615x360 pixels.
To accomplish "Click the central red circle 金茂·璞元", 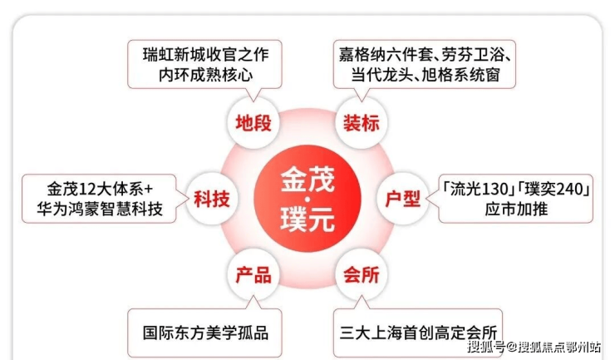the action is pos(307,199).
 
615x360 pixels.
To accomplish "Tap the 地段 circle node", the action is pos(253,123).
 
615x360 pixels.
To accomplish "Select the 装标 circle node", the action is pos(362,123).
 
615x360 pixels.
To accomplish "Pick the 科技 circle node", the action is pos(211,199).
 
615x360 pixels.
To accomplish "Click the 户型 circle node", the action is pos(403,199).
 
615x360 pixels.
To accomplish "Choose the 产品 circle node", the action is pos(253,275).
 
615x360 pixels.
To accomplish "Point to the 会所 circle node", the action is pos(362,275).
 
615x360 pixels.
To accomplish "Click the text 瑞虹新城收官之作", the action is pos(205,55).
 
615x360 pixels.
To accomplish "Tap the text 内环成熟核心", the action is pos(205,75).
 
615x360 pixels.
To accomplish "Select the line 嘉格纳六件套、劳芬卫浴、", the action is pos(426,55).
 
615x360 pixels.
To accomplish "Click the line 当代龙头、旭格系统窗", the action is pos(426,75).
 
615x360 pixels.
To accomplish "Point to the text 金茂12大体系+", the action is pos(100,189).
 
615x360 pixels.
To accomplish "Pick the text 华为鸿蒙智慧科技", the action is pos(100,209).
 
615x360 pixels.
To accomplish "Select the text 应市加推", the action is pos(516,209).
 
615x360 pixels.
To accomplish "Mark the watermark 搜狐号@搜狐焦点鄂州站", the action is pos(534,347).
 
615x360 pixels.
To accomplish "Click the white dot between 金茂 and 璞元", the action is pos(307,200).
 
